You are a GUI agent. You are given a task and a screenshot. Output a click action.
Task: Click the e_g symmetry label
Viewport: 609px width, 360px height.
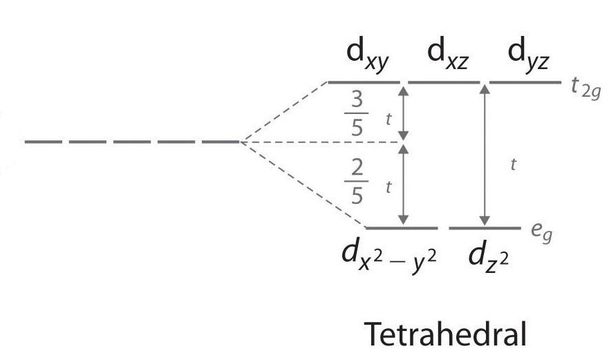point(541,234)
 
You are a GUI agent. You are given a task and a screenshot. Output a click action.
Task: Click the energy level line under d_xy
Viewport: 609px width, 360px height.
point(364,82)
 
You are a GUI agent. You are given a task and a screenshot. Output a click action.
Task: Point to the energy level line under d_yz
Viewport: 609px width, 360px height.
point(525,82)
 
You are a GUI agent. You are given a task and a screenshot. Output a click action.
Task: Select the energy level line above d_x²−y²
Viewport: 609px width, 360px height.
point(401,227)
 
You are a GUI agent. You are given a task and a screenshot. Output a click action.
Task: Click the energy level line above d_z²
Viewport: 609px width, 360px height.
point(485,227)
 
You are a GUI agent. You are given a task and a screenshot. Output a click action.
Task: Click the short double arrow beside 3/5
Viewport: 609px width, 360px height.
point(403,112)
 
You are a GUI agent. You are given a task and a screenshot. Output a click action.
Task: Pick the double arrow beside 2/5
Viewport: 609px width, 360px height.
point(403,185)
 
